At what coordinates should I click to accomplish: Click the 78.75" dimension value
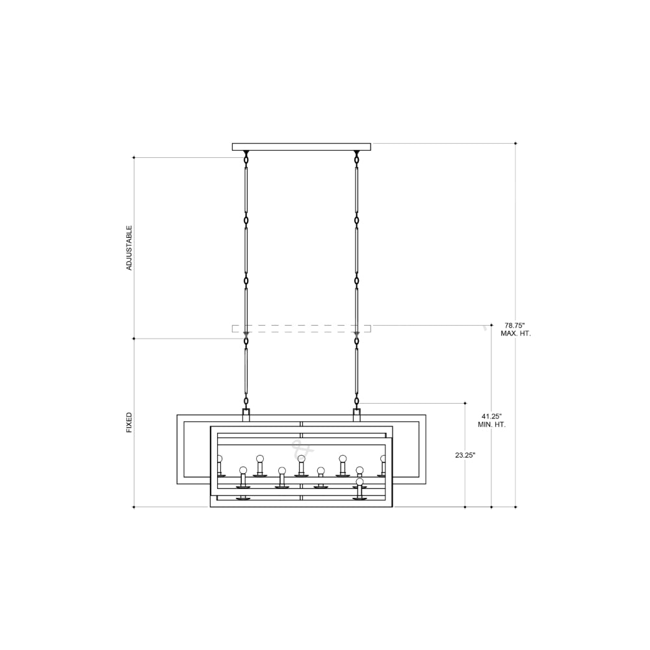tap(514, 326)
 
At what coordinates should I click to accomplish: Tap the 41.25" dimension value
tap(491, 416)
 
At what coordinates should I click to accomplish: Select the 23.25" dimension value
tap(465, 455)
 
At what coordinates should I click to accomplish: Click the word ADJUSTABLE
tap(129, 248)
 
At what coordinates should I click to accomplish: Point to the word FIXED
tap(129, 422)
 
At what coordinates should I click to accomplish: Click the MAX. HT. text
tap(515, 333)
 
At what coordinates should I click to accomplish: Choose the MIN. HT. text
tap(491, 425)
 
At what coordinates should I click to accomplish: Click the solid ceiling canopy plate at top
tap(302, 147)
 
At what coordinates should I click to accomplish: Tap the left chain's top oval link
tap(246, 159)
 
